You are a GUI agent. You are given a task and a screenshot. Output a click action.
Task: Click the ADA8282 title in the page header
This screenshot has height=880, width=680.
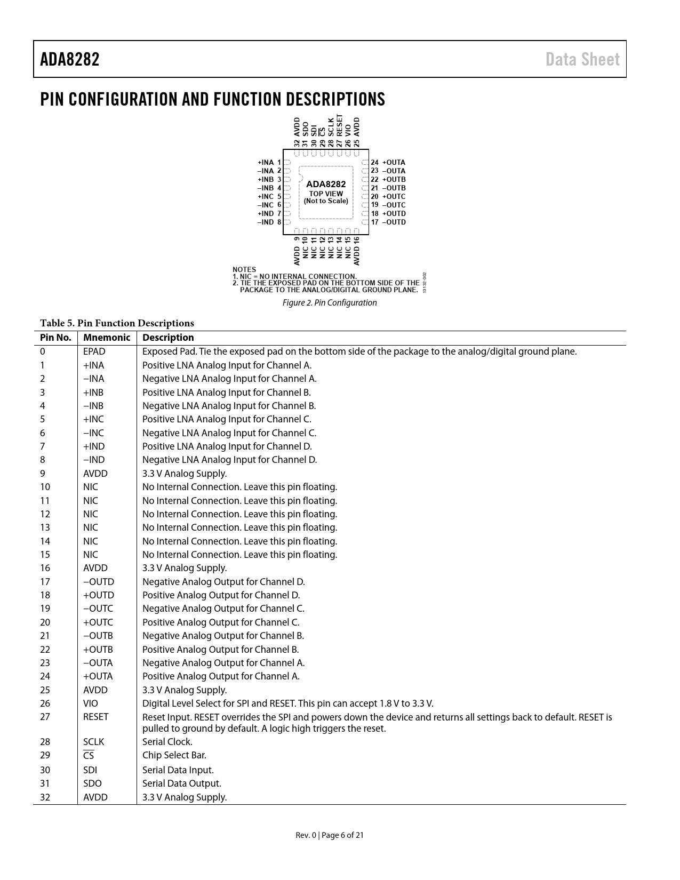click(70, 59)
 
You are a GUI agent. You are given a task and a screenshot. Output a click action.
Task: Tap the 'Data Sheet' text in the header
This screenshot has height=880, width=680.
click(582, 59)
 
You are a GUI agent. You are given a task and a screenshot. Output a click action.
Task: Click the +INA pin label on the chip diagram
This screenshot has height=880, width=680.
click(266, 162)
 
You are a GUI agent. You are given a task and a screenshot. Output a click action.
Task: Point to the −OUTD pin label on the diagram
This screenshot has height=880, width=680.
click(394, 222)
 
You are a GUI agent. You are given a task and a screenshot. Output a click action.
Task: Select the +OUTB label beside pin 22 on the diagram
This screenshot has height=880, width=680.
click(394, 179)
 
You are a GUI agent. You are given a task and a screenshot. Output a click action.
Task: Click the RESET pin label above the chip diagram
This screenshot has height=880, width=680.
click(340, 127)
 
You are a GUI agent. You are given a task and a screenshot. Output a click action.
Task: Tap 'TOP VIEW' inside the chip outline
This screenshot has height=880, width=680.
click(326, 194)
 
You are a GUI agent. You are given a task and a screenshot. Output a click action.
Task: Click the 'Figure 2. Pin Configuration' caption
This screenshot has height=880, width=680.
click(329, 303)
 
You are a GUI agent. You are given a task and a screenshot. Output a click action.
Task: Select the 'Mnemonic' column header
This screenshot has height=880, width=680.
click(107, 338)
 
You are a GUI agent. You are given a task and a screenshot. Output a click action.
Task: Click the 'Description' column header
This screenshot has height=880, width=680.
click(168, 338)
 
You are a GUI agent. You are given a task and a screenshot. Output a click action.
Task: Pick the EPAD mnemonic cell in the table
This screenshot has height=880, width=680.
click(94, 351)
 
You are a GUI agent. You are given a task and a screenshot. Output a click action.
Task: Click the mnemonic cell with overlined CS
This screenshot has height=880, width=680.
click(89, 756)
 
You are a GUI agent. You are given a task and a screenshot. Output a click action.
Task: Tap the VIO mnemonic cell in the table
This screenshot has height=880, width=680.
click(91, 703)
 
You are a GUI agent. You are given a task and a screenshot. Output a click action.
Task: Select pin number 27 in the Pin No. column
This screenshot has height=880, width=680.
click(45, 717)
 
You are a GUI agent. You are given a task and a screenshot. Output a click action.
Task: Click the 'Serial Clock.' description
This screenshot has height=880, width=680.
click(167, 742)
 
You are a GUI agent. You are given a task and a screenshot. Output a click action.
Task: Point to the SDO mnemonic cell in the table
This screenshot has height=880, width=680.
click(92, 783)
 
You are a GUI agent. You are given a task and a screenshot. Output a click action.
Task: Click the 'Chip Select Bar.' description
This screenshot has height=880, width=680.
click(174, 755)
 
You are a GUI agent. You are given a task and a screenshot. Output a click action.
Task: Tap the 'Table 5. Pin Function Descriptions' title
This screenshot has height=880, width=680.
click(117, 323)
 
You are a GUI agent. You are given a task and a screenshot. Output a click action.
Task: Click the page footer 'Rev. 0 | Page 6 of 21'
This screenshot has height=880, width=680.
click(330, 835)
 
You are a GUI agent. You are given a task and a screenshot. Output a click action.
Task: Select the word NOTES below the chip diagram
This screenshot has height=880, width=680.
click(244, 269)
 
